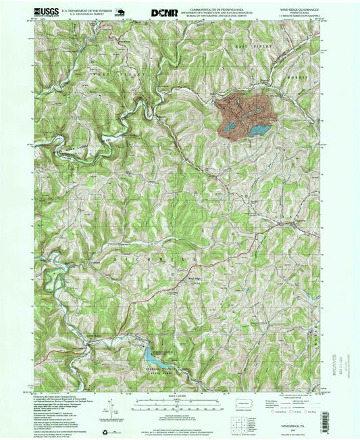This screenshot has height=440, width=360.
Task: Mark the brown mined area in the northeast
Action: pos(243,108)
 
